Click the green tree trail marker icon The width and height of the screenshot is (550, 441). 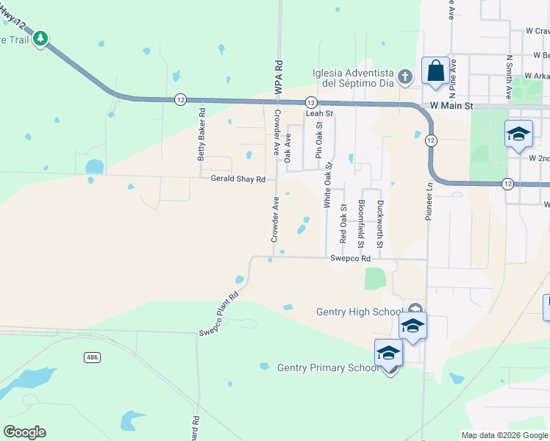coord(41,38)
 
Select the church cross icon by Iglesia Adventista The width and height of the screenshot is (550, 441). coord(404,76)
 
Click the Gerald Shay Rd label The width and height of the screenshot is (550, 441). coord(238,179)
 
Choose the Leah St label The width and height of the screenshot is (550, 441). coord(319,114)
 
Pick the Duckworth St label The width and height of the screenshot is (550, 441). coord(380,223)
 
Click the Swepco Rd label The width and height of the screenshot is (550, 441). coord(350,259)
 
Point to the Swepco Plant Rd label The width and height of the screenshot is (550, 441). coord(219,315)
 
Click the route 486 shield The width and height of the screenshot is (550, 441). coord(92,357)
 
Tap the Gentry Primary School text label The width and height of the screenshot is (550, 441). coord(327,367)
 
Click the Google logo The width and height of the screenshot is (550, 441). coord(24,432)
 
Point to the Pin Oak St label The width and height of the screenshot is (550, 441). coord(318,142)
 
